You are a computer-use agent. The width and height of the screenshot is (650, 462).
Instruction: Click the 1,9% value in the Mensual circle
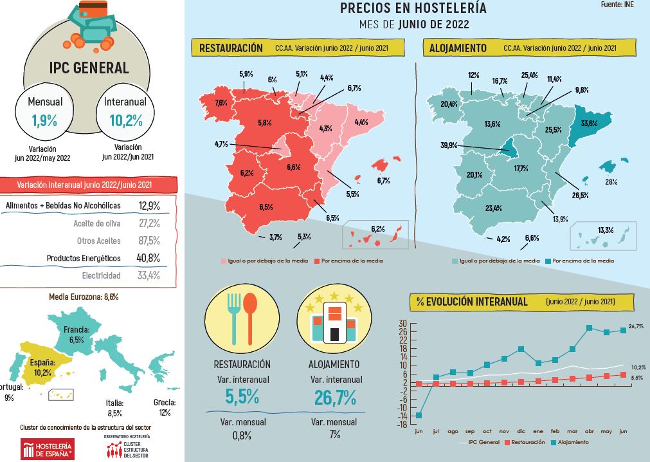[44, 120]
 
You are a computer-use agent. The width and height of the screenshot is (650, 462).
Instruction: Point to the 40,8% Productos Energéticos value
[149, 257]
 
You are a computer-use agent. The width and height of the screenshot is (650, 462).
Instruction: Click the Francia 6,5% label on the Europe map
[77, 334]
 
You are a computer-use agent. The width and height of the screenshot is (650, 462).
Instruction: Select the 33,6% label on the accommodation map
[589, 123]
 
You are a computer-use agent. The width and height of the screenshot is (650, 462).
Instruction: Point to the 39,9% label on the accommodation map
[447, 145]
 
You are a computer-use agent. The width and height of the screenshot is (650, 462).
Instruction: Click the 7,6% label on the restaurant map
[221, 103]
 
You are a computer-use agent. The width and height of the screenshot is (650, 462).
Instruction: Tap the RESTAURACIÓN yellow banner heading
[231, 48]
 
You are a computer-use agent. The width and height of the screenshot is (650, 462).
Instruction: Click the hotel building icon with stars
[334, 320]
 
